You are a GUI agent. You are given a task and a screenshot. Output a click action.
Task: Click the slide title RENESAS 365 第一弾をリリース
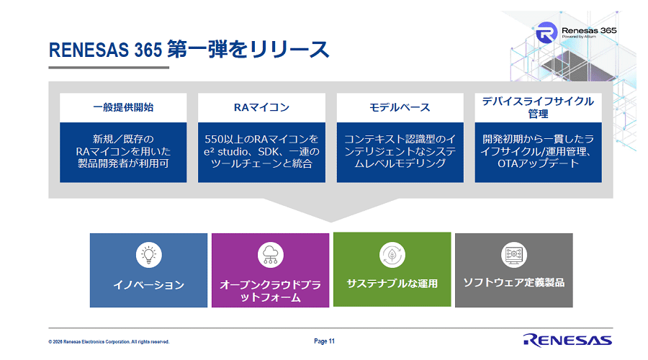tap(189, 50)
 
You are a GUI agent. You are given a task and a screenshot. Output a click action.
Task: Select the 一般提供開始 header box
tap(123, 107)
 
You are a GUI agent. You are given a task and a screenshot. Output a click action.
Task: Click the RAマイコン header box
tap(261, 107)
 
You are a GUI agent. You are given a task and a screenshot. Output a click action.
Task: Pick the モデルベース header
tap(400, 107)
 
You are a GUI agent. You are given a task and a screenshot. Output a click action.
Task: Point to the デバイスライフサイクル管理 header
tap(538, 107)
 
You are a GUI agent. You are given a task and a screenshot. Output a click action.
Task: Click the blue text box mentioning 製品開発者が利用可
tap(123, 152)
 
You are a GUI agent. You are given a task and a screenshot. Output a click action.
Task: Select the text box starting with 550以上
tap(261, 152)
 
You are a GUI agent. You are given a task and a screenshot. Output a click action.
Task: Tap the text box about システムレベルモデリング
tap(400, 152)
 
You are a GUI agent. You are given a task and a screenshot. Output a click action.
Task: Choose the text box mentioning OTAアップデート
tap(538, 152)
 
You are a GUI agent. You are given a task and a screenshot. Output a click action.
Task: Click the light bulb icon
tap(148, 253)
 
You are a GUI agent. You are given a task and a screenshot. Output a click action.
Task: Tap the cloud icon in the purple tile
tap(270, 254)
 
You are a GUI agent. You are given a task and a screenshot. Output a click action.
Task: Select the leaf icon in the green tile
tap(392, 253)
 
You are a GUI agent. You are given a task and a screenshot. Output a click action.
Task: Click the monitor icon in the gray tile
tap(513, 253)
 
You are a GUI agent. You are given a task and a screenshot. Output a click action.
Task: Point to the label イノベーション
tap(148, 285)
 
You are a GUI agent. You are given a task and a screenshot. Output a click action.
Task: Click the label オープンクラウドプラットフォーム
tap(270, 291)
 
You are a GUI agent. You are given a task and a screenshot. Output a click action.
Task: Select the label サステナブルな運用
tap(392, 283)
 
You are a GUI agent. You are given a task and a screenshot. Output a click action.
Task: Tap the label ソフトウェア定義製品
tap(513, 282)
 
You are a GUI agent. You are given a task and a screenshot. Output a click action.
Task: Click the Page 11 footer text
tap(325, 341)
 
